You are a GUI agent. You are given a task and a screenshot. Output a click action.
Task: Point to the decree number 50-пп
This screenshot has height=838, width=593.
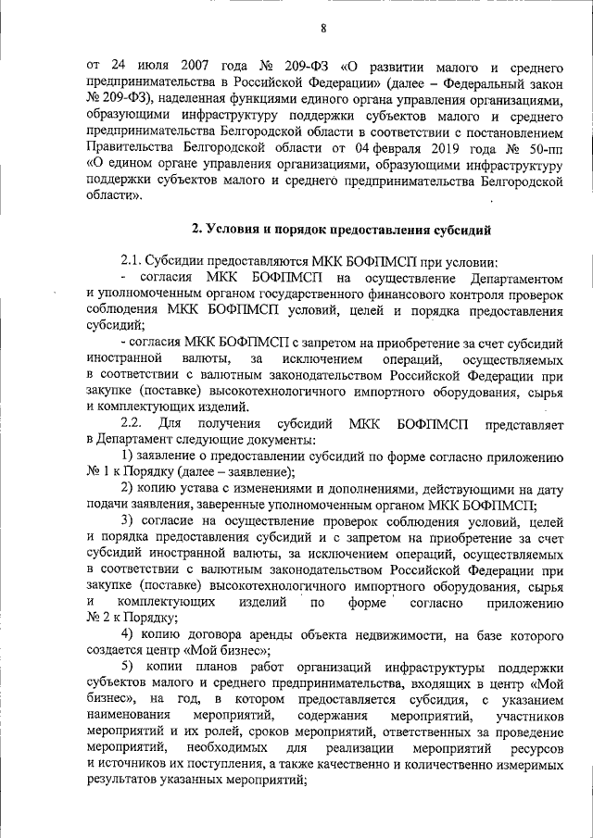pos(544,146)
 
